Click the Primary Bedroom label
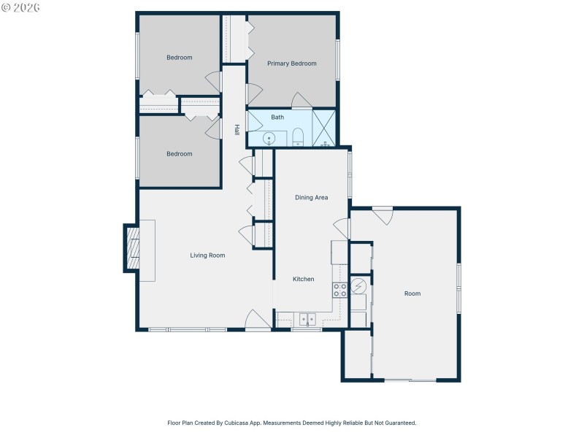(291, 64)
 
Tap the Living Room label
(207, 255)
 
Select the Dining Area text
(311, 198)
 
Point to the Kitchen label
(304, 279)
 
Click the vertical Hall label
(237, 129)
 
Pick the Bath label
(277, 117)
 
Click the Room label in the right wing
(412, 293)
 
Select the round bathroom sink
(269, 137)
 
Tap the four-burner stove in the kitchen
(340, 290)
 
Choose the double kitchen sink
(307, 318)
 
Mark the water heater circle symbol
(359, 285)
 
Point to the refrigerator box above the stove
(339, 253)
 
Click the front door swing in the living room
(258, 319)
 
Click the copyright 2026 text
(21, 7)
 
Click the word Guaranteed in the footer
(399, 423)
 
